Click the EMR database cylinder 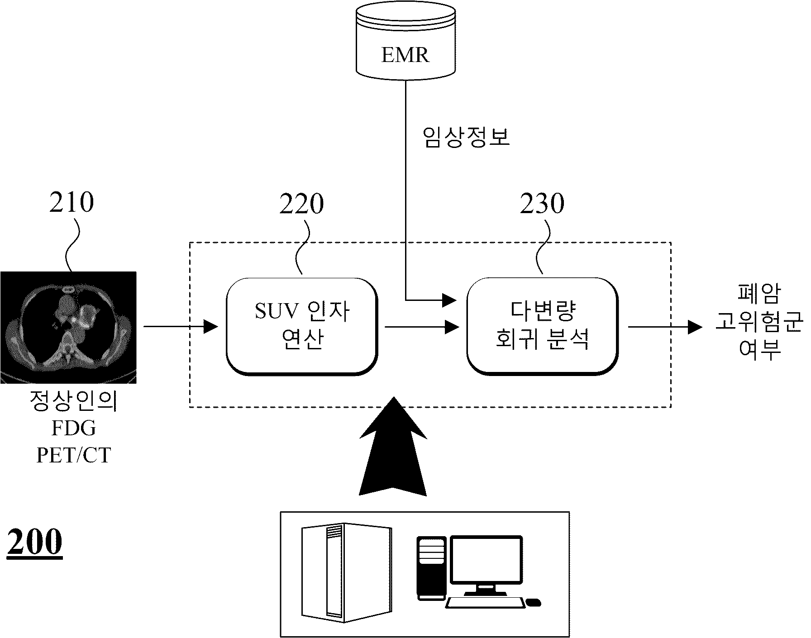405,39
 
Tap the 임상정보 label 466,137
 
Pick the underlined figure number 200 34,542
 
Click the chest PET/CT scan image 68,328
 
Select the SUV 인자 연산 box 302,326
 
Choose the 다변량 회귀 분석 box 542,326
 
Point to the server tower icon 347,571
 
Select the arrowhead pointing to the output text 695,327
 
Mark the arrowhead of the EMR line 450,300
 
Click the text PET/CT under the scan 73,455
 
